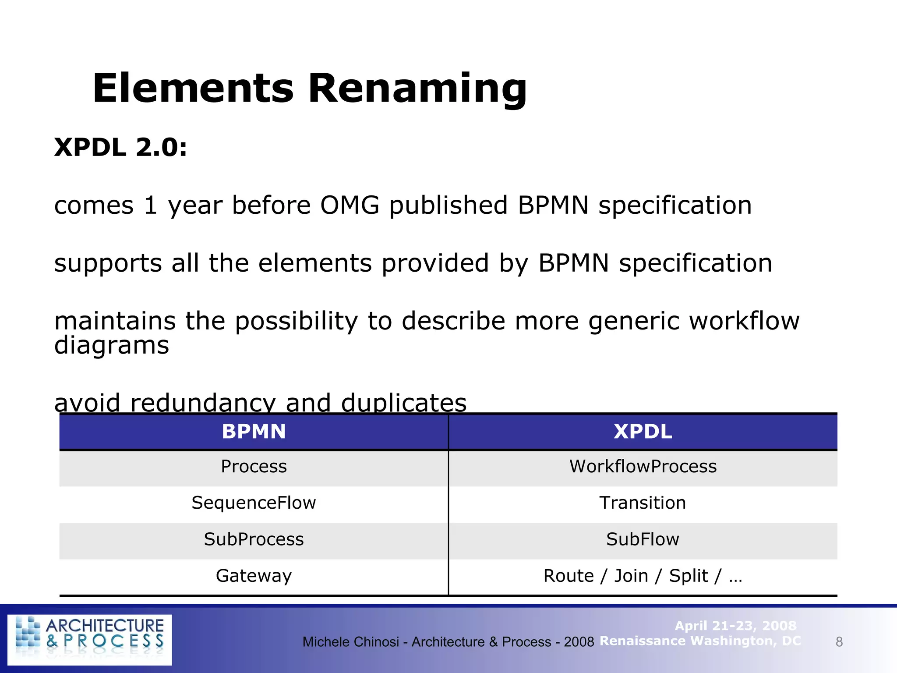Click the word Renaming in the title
click(x=417, y=89)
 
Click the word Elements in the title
click(x=193, y=89)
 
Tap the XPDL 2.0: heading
click(x=120, y=147)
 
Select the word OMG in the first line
click(x=350, y=205)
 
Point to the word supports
click(x=108, y=264)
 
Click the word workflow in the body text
click(x=744, y=321)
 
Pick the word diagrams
click(x=111, y=346)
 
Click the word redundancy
click(x=203, y=402)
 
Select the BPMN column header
click(x=254, y=432)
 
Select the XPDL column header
click(x=643, y=432)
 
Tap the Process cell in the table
click(x=254, y=467)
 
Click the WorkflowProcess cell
click(x=643, y=467)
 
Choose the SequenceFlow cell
click(x=254, y=503)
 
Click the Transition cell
click(x=643, y=503)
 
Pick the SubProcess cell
click(x=254, y=539)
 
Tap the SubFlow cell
click(x=643, y=539)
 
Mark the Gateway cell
click(x=254, y=576)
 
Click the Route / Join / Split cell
click(x=643, y=576)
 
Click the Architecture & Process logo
click(x=90, y=639)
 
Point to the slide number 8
click(x=839, y=642)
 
